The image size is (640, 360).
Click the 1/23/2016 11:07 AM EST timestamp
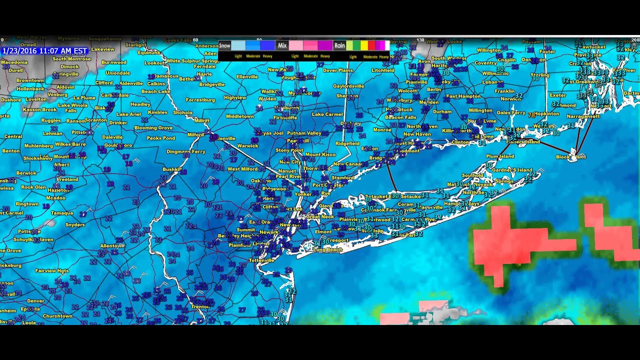[x=45, y=51]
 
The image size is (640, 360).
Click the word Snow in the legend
[x=224, y=45]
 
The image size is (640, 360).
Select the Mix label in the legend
[x=282, y=45]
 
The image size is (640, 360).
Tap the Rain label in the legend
[x=339, y=45]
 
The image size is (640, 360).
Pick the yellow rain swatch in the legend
[x=364, y=46]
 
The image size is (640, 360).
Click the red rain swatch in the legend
[x=371, y=46]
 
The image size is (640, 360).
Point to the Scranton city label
[x=95, y=120]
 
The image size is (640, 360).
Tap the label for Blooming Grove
[x=153, y=128]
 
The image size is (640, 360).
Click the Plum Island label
[x=500, y=156]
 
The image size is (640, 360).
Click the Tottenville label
[x=261, y=260]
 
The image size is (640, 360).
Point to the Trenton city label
[x=199, y=306]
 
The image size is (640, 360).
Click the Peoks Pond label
[x=160, y=138]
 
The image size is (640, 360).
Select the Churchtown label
[x=57, y=316]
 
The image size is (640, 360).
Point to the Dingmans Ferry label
[x=185, y=151]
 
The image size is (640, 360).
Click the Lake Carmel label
[x=327, y=114]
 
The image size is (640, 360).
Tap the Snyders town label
[x=75, y=225]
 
